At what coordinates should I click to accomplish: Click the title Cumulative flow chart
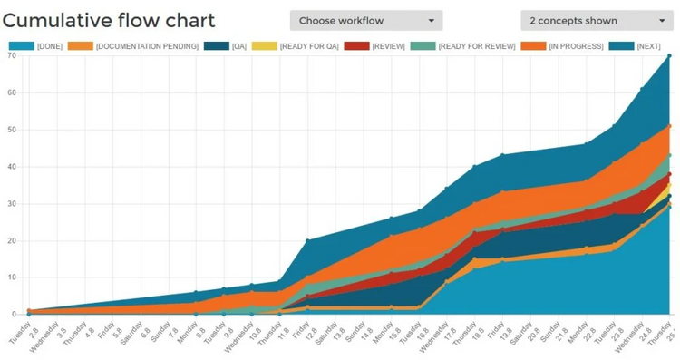point(109,21)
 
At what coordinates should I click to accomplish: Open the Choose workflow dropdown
point(366,21)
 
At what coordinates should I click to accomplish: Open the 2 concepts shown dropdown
point(597,21)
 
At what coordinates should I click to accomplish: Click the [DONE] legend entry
point(36,46)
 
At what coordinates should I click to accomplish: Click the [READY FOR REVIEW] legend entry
point(462,46)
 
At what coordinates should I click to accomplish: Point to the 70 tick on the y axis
point(12,55)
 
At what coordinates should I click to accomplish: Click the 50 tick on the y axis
point(12,130)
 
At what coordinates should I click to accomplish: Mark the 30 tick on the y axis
point(12,203)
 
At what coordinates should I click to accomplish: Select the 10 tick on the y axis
point(12,277)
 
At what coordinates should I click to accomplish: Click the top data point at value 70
point(669,55)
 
